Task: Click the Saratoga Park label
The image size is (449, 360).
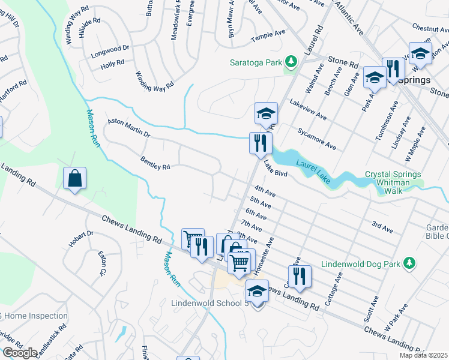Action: click(x=256, y=62)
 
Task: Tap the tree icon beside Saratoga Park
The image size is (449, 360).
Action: click(x=291, y=62)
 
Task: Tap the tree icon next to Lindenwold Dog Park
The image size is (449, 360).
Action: click(x=409, y=263)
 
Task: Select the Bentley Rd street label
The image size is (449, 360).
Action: click(x=155, y=163)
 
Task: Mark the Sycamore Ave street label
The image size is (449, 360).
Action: click(x=316, y=137)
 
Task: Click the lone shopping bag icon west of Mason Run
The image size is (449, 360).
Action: click(x=74, y=178)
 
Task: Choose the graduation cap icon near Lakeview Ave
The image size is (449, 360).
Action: click(x=265, y=112)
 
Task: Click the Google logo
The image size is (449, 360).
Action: click(x=20, y=353)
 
